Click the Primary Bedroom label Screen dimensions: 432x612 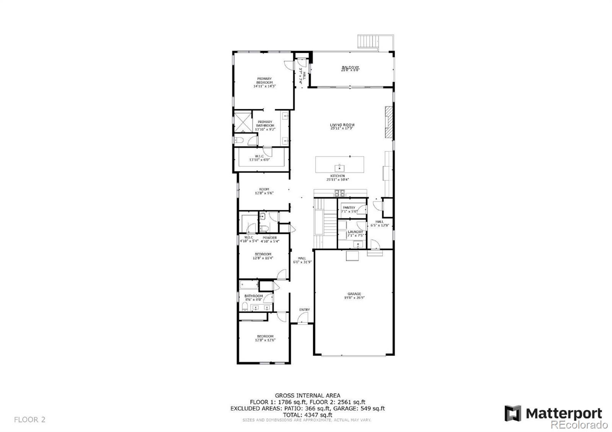[264, 81]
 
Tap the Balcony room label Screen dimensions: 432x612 [350, 68]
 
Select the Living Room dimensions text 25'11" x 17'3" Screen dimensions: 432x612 [342, 128]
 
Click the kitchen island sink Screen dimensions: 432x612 [339, 167]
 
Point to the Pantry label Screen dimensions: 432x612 [349, 208]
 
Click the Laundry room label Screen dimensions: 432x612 [355, 232]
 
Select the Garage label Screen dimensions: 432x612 [354, 294]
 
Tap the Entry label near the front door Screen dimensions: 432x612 [304, 310]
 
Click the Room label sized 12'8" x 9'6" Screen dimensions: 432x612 [264, 189]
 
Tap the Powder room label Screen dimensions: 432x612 [270, 238]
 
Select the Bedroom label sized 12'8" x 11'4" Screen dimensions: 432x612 [263, 254]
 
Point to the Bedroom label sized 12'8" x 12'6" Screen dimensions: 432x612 [265, 336]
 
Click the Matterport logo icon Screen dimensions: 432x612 [513, 413]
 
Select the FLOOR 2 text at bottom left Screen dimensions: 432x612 [30, 420]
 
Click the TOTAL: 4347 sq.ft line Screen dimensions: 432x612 [308, 415]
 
